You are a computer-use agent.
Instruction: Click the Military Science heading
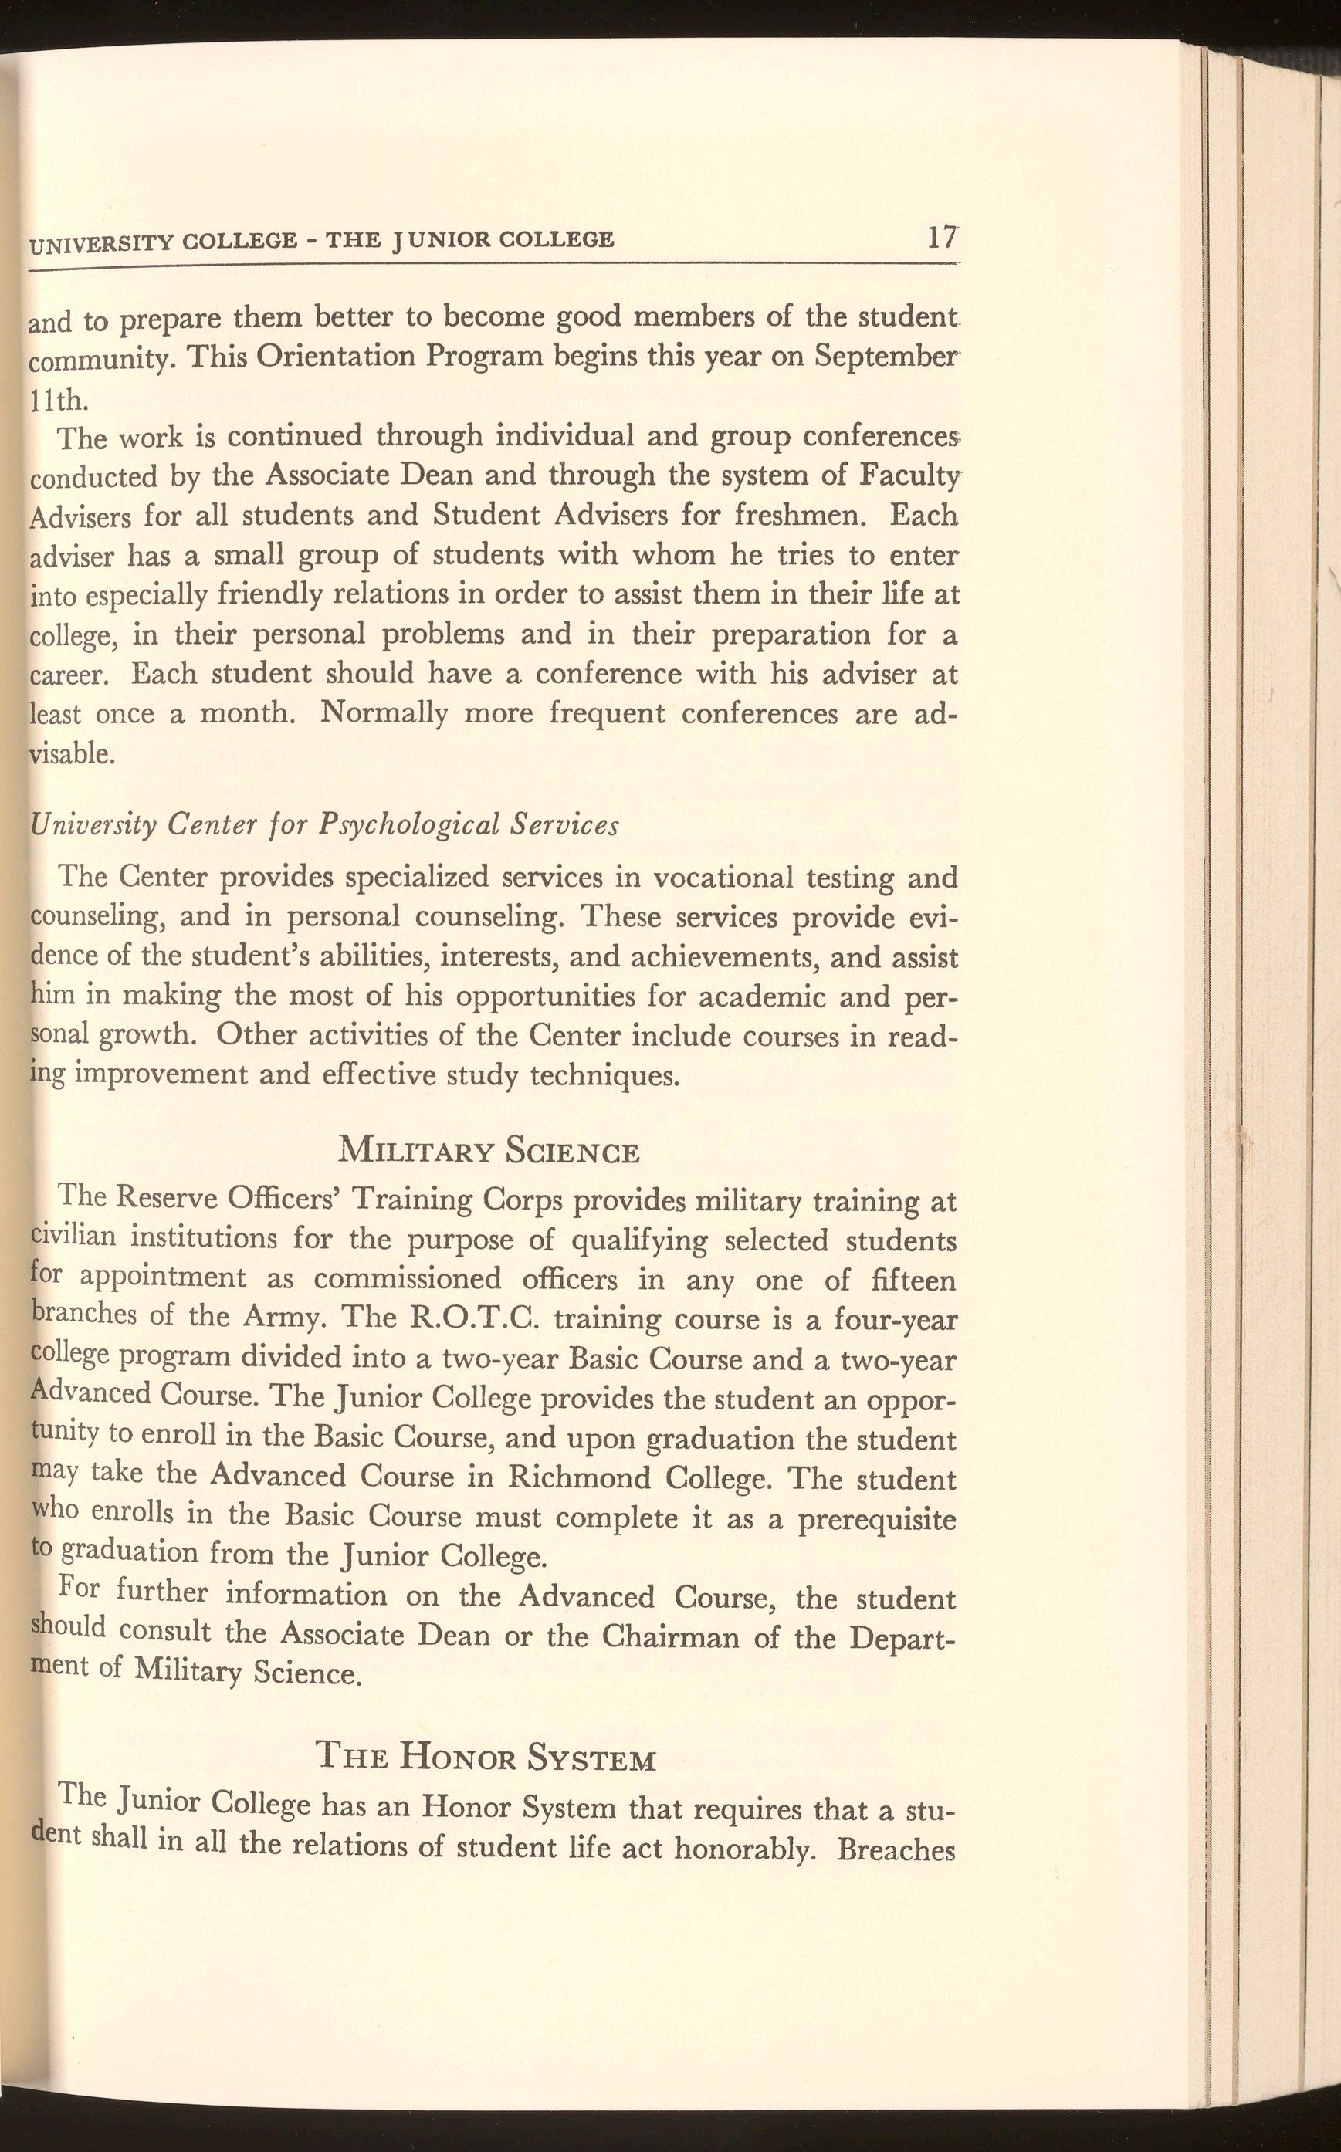coord(489,1152)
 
